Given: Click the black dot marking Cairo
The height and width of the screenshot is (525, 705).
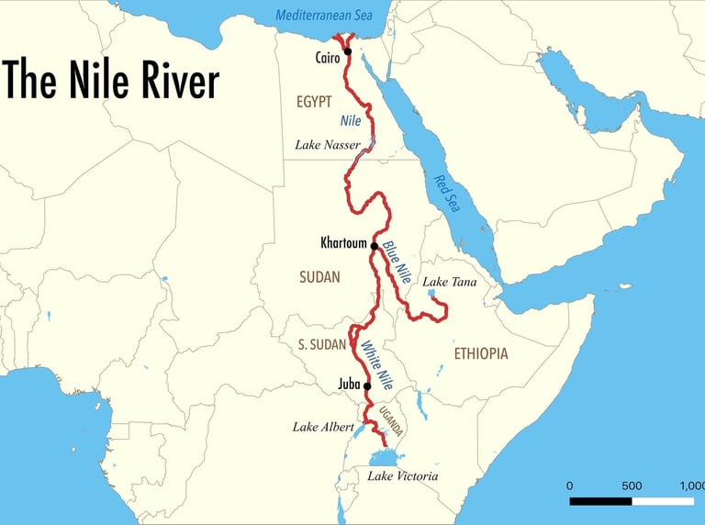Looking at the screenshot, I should [x=347, y=51].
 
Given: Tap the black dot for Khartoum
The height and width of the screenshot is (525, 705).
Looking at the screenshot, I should [x=375, y=245].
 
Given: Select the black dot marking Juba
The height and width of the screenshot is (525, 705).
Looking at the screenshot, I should [x=367, y=385].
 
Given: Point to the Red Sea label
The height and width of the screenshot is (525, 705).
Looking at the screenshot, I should [x=448, y=194].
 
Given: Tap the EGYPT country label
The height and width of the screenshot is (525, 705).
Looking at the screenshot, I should [x=314, y=102].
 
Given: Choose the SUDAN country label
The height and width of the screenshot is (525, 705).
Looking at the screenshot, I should [x=319, y=276].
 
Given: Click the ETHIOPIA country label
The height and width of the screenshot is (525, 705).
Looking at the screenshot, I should [x=481, y=353].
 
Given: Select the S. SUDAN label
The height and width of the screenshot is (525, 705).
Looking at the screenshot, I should [x=321, y=345].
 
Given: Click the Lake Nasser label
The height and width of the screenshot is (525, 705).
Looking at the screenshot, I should [x=328, y=145].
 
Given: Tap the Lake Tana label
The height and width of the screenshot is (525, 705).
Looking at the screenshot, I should [x=450, y=283].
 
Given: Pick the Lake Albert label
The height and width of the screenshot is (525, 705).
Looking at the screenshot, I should [x=319, y=427].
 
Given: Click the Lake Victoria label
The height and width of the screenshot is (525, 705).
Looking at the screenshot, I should [x=403, y=476].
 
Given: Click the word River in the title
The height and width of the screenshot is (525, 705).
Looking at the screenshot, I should [x=171, y=81].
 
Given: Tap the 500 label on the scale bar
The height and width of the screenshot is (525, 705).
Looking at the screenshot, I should [x=632, y=486].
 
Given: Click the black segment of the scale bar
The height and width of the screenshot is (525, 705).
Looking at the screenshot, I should [x=600, y=501].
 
